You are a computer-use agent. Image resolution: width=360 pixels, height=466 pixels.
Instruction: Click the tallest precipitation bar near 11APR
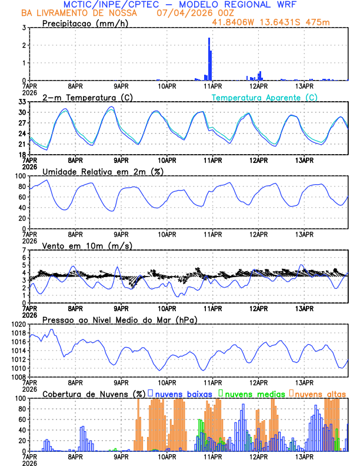pos(209,59)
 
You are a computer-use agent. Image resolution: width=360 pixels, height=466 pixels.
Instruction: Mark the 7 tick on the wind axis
pos(24,250)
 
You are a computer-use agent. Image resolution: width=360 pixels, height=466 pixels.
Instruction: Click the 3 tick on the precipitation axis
pos(24,28)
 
